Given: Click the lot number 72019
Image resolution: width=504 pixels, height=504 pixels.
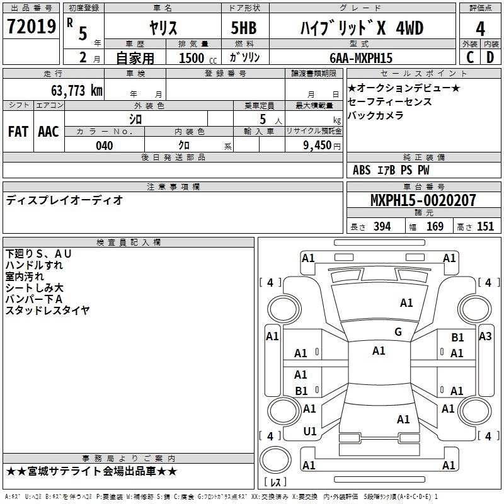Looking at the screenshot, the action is pos(31,26).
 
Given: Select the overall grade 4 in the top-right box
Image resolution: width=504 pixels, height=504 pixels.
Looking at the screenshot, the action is pos(480,29).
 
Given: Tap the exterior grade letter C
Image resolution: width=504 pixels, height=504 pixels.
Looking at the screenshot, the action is pos(470,57).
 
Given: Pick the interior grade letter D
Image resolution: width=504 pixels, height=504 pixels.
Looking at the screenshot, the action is pos(490,57).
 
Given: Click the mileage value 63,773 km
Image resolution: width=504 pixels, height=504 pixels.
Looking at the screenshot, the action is pos(76,91).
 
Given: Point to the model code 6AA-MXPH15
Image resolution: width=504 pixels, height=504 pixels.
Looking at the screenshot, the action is pos(361,58).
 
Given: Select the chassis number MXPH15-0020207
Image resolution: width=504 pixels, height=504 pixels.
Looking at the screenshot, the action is pos(423,200).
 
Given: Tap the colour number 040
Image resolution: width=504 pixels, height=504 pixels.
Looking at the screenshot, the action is pos(105,146).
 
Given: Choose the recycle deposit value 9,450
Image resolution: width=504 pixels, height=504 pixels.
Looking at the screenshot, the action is pos(318,146).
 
